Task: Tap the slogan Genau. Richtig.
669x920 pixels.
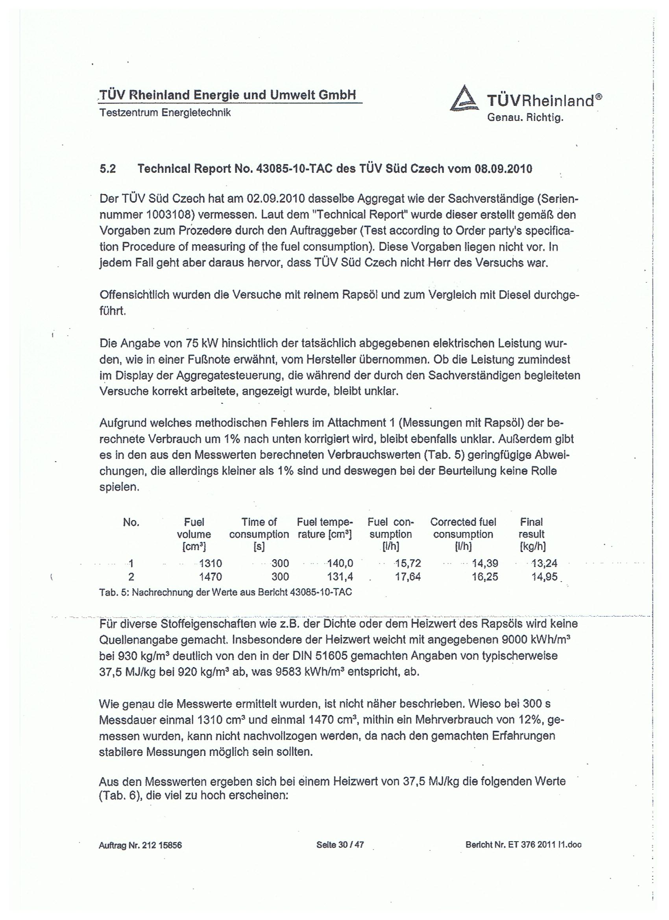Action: click(x=525, y=118)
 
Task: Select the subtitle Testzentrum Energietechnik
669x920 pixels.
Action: click(x=165, y=113)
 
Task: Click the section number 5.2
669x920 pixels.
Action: click(x=108, y=169)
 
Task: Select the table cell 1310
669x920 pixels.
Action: click(x=211, y=563)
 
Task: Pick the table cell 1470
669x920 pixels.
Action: click(x=211, y=577)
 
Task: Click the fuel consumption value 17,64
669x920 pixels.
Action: click(x=408, y=577)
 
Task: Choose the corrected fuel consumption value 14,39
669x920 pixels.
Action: click(x=485, y=563)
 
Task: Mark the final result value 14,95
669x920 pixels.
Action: click(x=545, y=577)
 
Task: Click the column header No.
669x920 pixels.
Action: click(x=131, y=523)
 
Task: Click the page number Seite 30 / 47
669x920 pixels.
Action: click(x=340, y=845)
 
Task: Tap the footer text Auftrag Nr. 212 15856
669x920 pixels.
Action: click(x=140, y=845)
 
